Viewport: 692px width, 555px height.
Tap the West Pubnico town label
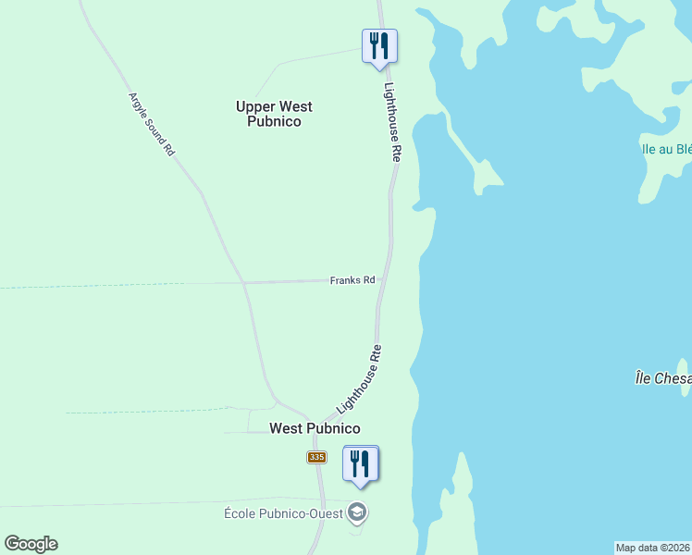(x=314, y=428)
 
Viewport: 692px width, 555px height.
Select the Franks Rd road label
(x=352, y=280)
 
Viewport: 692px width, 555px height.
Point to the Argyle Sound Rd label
(x=152, y=123)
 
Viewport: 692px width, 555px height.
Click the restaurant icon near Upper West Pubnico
(x=379, y=45)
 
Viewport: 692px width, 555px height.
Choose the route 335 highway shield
(x=316, y=458)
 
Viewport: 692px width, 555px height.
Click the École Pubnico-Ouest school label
(x=283, y=513)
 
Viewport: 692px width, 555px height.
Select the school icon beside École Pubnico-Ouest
(x=357, y=512)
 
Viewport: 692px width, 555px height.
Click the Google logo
(x=31, y=544)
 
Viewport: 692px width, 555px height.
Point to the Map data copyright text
(x=653, y=548)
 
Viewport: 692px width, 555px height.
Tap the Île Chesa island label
(x=662, y=378)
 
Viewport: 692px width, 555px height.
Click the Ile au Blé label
(x=667, y=149)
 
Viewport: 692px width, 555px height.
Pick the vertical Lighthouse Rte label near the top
(x=393, y=122)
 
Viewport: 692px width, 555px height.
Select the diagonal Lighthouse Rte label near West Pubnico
(x=360, y=379)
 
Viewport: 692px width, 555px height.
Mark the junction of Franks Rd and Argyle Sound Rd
(x=242, y=282)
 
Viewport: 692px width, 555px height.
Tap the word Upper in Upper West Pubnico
(x=255, y=106)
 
